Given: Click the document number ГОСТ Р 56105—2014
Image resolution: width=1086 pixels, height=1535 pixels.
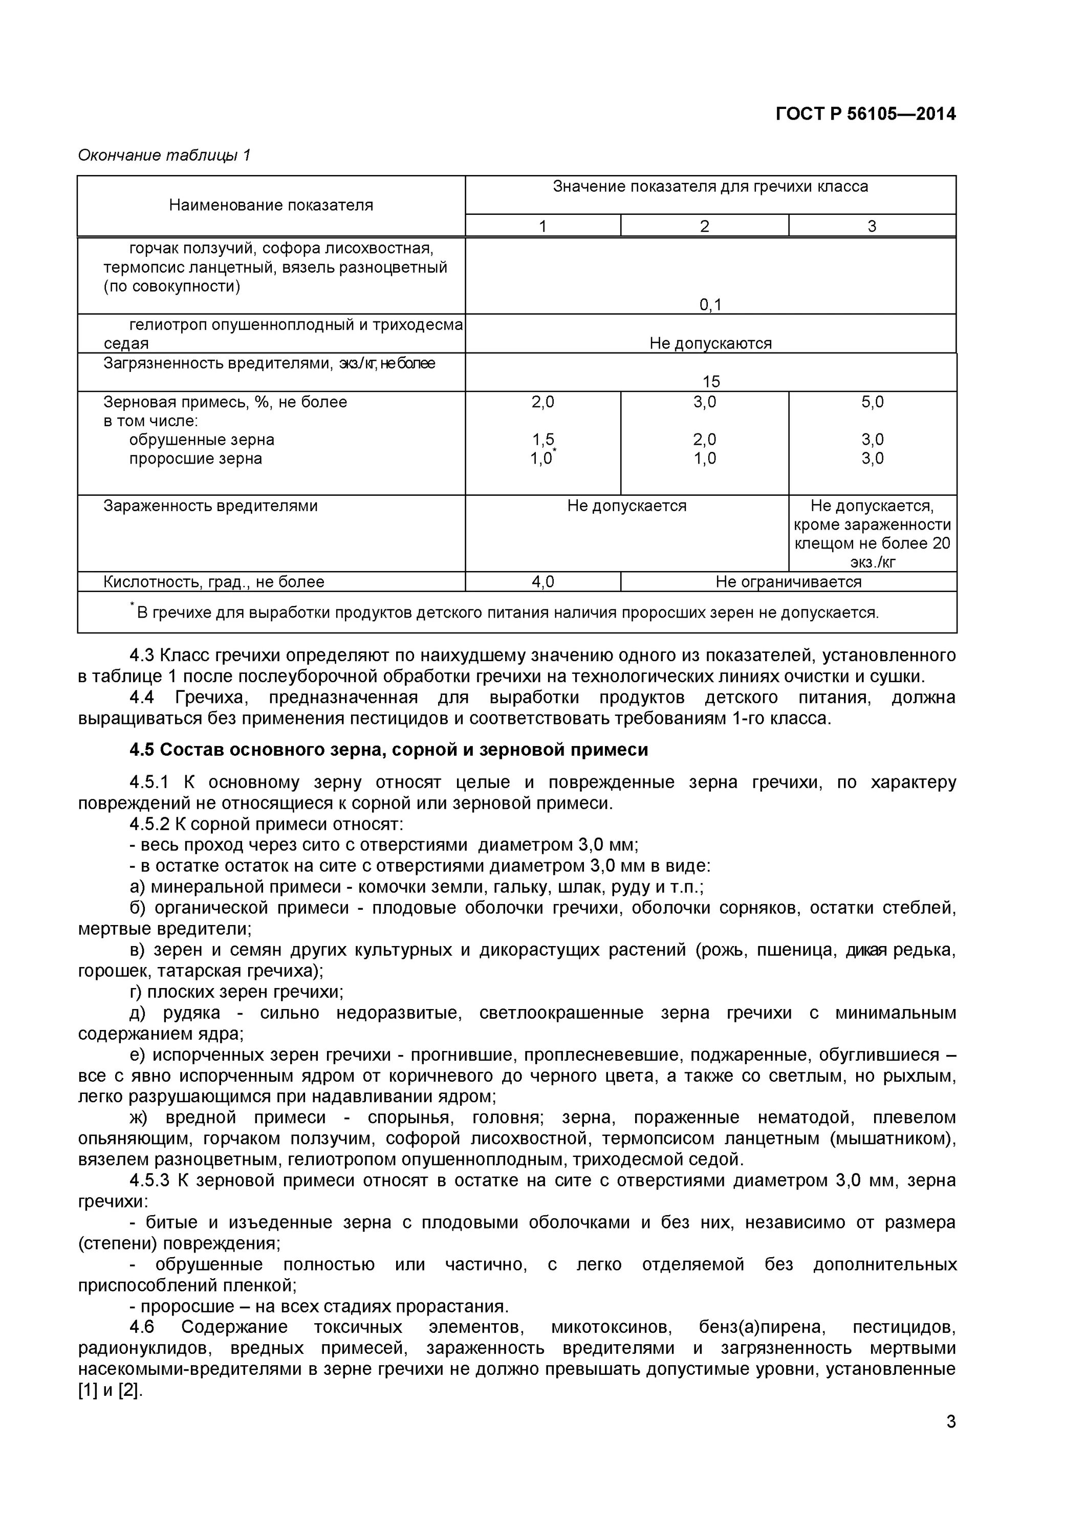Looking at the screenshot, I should pos(865,114).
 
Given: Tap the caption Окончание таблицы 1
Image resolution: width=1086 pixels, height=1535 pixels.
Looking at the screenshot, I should pos(164,155).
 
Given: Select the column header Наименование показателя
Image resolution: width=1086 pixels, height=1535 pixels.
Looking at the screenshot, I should pos(271,205).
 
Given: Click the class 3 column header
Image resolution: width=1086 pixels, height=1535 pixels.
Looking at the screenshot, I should pos(872,226).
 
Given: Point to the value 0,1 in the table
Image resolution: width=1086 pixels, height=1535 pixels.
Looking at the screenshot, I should pos(710,305).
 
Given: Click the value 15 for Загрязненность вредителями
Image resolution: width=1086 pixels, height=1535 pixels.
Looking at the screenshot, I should pos(710,381).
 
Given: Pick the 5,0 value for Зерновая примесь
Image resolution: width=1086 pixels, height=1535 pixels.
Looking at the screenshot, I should pos(872,402).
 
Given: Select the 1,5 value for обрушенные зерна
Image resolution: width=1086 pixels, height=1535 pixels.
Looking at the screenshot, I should pos(542,439).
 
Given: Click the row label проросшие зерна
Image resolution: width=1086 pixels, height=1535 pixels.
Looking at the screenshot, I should pos(196,458).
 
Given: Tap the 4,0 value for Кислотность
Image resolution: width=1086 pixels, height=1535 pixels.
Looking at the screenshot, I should pos(542,582).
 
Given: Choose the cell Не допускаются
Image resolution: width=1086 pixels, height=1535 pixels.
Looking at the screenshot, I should pos(710,343).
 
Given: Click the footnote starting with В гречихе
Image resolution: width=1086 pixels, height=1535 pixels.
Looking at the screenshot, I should pos(507,612).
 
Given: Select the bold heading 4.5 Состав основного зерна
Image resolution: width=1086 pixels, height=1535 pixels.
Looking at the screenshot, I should pos(388,750).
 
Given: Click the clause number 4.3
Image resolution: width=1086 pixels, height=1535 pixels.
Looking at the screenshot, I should pos(142,655).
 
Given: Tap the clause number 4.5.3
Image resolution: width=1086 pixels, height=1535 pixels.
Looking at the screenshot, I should pos(150,1180).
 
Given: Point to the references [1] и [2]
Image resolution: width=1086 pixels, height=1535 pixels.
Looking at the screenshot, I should pos(111,1391).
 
